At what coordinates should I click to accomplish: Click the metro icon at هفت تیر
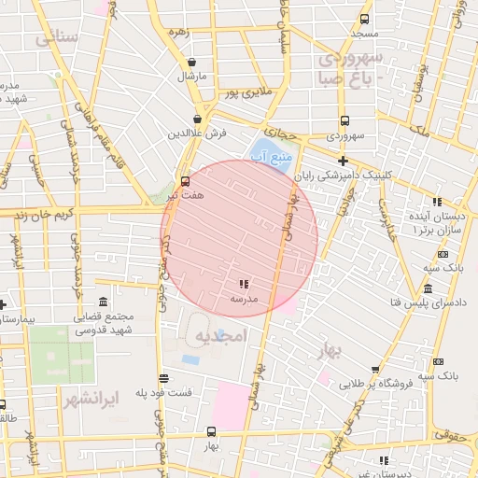pyautogui.click(x=185, y=181)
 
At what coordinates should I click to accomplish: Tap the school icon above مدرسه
pyautogui.click(x=244, y=284)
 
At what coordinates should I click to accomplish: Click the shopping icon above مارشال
pyautogui.click(x=191, y=63)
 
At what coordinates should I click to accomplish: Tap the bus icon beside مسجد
pyautogui.click(x=364, y=18)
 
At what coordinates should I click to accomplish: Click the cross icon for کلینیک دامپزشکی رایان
pyautogui.click(x=343, y=161)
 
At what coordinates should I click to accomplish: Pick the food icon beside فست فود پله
pyautogui.click(x=164, y=378)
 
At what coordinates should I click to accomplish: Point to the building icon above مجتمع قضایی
pyautogui.click(x=102, y=302)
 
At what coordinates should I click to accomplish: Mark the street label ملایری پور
pyautogui.click(x=246, y=92)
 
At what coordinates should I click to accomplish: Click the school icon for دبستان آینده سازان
pyautogui.click(x=436, y=203)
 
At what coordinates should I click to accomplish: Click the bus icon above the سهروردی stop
pyautogui.click(x=344, y=120)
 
